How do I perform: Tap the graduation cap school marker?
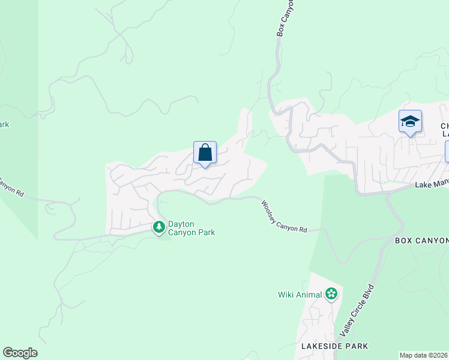click(x=410, y=122)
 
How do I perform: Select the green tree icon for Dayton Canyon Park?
click(x=159, y=227)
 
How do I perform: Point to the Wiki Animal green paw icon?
click(x=331, y=294)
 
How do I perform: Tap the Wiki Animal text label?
click(x=300, y=295)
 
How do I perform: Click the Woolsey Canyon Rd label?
click(x=284, y=217)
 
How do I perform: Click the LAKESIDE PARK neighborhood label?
click(x=335, y=346)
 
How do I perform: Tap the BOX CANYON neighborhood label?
click(x=421, y=241)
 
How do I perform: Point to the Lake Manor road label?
click(x=432, y=185)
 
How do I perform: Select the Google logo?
click(x=20, y=353)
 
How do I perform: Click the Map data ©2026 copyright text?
click(x=424, y=355)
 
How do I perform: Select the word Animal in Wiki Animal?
click(x=309, y=295)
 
